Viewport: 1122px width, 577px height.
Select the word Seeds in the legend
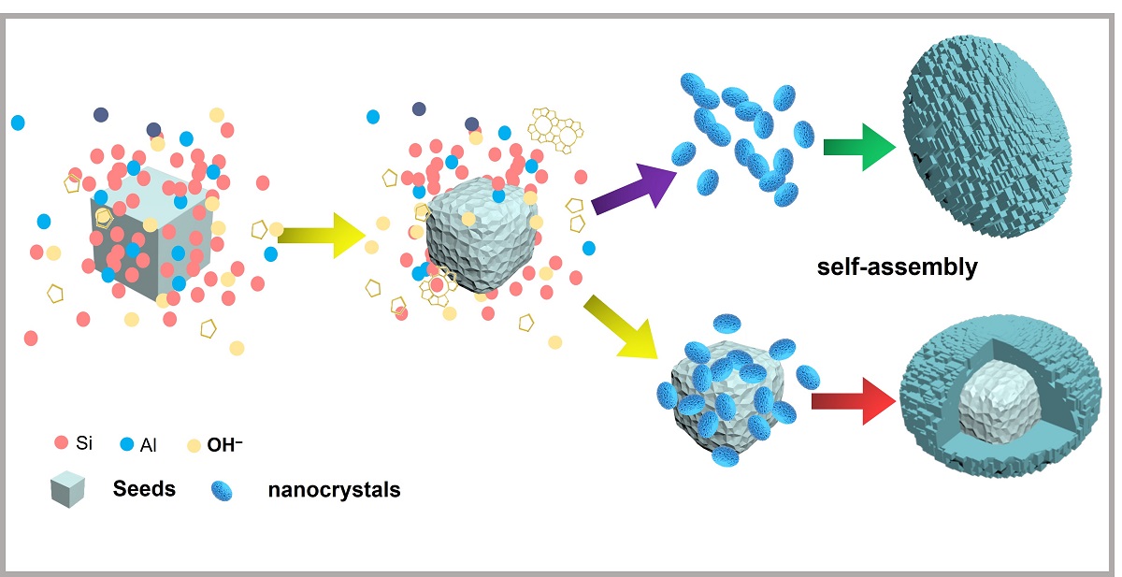pyautogui.click(x=144, y=488)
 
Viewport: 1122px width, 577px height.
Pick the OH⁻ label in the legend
pyautogui.click(x=231, y=444)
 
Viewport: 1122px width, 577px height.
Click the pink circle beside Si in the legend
pyautogui.click(x=62, y=442)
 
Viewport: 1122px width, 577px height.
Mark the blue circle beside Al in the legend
pyautogui.click(x=128, y=443)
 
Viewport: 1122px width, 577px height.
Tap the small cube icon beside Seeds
pyautogui.click(x=67, y=488)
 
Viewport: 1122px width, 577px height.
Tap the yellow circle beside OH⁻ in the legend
pyautogui.click(x=194, y=444)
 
